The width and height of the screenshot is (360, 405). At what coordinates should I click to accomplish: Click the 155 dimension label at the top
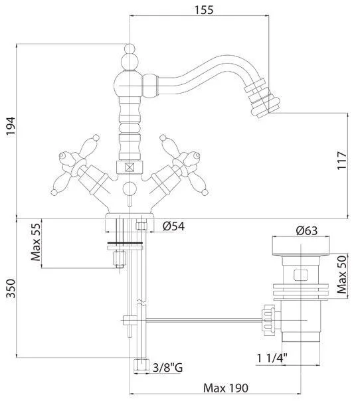click(x=204, y=10)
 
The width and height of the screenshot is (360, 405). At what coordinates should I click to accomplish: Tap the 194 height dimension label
click(x=11, y=126)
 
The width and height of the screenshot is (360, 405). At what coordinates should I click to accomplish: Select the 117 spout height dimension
click(x=341, y=161)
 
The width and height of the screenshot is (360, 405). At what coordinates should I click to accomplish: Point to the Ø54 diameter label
click(x=173, y=226)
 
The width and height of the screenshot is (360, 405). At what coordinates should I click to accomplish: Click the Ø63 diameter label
click(x=307, y=230)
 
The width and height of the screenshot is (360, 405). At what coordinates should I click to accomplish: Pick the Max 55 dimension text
click(x=36, y=242)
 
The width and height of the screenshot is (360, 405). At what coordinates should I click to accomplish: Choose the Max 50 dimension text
click(x=341, y=275)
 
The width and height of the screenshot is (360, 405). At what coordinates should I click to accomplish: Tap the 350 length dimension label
click(x=11, y=288)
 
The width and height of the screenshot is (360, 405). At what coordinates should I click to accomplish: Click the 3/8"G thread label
click(x=168, y=367)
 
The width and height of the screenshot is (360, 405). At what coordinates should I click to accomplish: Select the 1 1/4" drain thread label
click(x=272, y=358)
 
